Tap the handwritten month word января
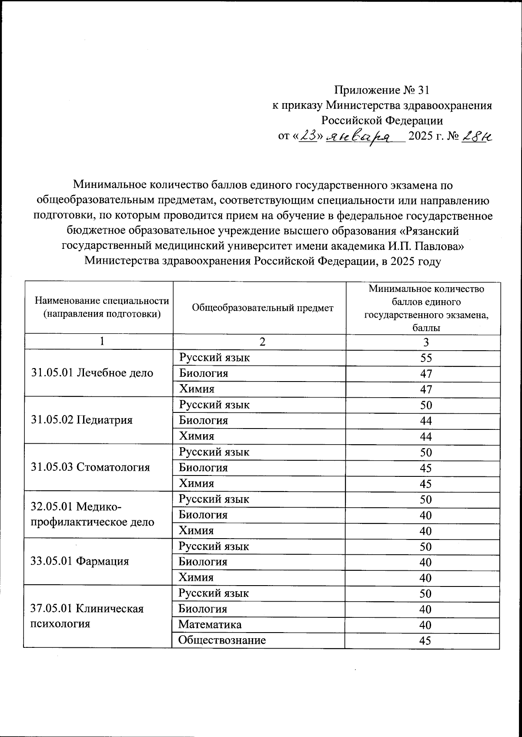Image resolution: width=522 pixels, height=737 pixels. coord(359,137)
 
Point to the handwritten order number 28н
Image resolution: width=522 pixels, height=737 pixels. coord(477,136)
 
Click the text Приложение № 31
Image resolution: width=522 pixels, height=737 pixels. coord(381,90)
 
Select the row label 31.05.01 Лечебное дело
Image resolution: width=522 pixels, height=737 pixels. coord(92,373)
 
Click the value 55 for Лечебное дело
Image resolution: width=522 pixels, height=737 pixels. coord(426,358)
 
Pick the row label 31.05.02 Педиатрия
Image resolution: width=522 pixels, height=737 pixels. coord(82,420)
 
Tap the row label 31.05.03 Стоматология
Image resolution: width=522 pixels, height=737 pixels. coord(90,467)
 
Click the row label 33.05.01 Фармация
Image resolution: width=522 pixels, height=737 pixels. coord(80,561)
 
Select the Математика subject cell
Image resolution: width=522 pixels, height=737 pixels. coord(210,625)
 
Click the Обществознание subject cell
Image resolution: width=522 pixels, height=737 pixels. coord(222,640)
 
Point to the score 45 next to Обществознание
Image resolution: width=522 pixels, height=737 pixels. coord(425,640)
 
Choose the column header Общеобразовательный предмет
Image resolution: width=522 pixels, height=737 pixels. coord(262,308)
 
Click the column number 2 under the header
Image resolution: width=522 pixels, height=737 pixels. coord(262,342)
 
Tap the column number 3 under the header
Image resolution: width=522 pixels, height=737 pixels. coord(426,342)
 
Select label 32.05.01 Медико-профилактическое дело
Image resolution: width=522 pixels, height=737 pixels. coord(92,514)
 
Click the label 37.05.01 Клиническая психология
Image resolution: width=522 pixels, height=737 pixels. coord(87,616)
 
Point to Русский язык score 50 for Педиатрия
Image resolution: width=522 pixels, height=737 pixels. coord(426,405)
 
